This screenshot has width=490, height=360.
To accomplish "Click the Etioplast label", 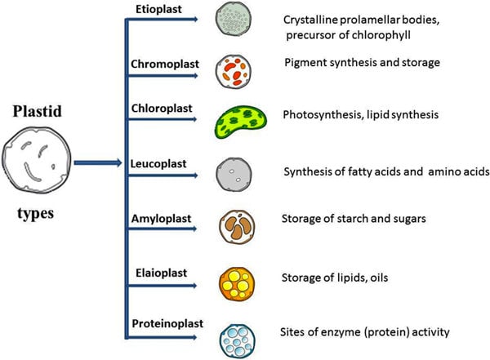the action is coord(158,9).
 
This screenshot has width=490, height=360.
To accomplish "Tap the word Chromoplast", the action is coord(165,64).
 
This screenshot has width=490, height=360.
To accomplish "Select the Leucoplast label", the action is coord(158,164).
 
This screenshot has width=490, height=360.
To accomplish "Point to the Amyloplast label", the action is coord(161,219).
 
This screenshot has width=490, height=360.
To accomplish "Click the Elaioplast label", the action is coord(161,273).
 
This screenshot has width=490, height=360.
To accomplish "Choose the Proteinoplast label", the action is coord(167,323).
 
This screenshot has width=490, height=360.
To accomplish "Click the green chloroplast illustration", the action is coord(241,122).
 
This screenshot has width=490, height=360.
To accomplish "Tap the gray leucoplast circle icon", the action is coord(234,175).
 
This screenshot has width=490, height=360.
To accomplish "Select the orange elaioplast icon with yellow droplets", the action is coord(237,284).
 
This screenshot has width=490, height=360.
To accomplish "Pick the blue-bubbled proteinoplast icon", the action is coord(237,340).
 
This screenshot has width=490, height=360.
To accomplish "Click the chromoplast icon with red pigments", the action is coord(233,72).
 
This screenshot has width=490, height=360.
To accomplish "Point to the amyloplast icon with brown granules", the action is coord(237,227).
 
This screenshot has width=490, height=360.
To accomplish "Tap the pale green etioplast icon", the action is coord(233,19).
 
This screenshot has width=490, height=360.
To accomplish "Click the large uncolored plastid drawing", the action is coord(37,160).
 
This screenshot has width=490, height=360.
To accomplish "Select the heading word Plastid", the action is coord(38,111).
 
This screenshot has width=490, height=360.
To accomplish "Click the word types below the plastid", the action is coord(36,214).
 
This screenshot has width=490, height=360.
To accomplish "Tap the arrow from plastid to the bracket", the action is coord(98,162).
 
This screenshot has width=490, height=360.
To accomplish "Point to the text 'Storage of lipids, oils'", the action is coord(335,278).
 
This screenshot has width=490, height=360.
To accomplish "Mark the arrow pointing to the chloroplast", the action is coord(163,119).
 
